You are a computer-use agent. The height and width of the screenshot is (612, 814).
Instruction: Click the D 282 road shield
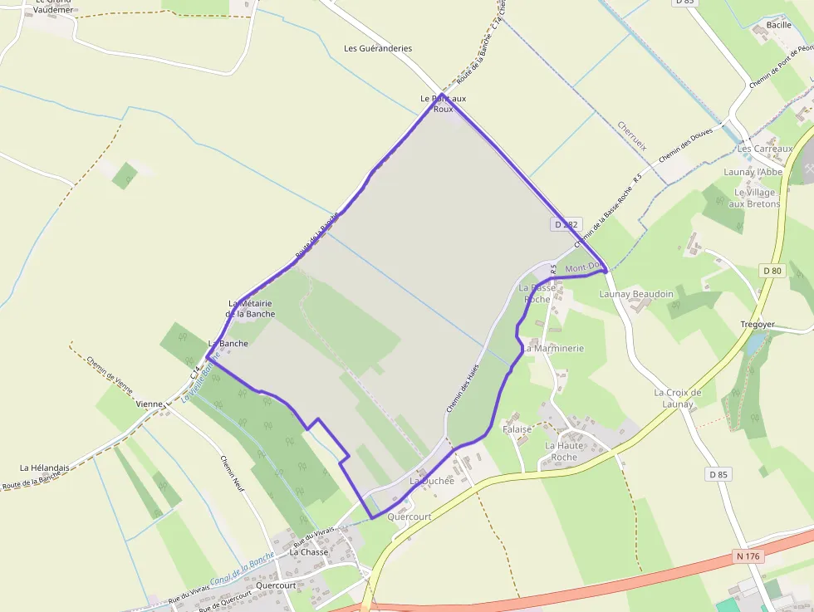tap(565, 225)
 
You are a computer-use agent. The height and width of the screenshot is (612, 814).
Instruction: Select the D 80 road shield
tap(772, 271)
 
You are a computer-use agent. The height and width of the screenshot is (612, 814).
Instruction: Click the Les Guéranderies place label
tap(378, 48)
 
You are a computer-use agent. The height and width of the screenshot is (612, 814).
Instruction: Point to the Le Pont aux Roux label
tap(444, 104)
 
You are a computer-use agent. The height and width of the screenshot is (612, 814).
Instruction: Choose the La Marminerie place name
tap(553, 349)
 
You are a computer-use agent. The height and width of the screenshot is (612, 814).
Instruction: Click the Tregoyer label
tap(757, 324)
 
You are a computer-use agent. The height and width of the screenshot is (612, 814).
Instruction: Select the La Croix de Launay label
tap(678, 398)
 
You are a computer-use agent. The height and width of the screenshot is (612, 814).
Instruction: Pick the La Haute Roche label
tap(564, 451)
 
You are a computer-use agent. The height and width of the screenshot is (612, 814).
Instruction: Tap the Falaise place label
tap(517, 429)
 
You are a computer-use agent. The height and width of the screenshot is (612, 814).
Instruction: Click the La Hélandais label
tap(45, 468)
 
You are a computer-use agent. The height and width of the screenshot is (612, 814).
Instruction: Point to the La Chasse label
tap(309, 551)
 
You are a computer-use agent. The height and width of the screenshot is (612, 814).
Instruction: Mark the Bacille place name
tap(779, 26)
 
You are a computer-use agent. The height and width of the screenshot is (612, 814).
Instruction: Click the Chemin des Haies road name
tap(463, 390)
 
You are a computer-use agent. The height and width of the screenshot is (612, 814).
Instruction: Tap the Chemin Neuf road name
tap(234, 475)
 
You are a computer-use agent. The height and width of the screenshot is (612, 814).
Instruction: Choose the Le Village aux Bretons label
tap(754, 198)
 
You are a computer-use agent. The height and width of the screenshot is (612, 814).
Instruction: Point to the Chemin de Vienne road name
tap(109, 373)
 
